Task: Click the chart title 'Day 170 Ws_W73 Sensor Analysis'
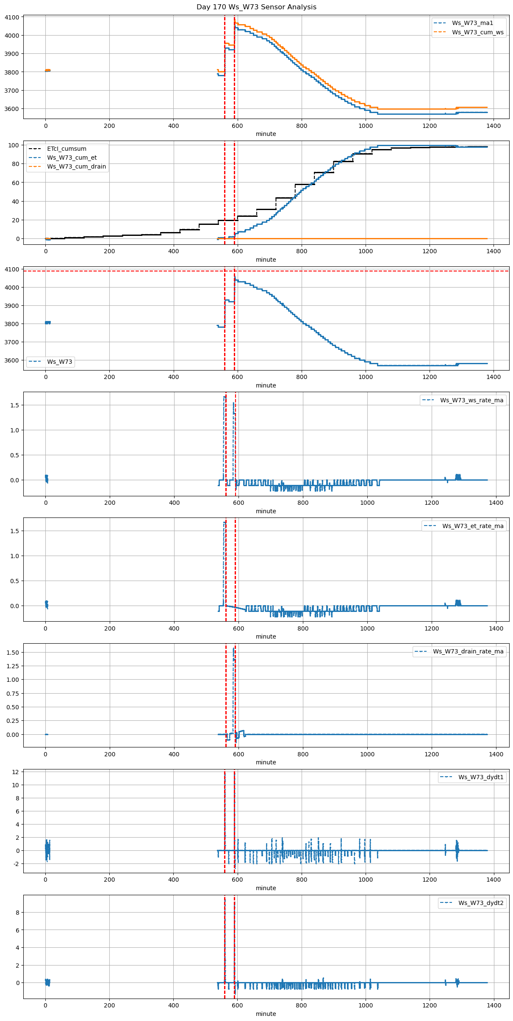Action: point(256,7)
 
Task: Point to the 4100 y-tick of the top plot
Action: point(12,17)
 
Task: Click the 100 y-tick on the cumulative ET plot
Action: point(14,145)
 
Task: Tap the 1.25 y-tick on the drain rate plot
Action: point(13,666)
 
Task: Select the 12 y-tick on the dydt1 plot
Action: point(16,772)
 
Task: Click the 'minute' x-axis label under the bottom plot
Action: point(266,1014)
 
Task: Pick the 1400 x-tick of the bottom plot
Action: point(494,1005)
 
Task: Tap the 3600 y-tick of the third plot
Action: point(12,360)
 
